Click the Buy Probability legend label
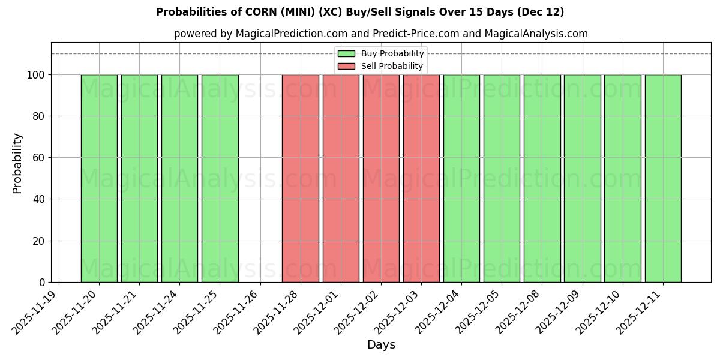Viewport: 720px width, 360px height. tap(392, 53)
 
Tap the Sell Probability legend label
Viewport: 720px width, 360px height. tap(392, 66)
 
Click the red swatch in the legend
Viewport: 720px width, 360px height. tap(346, 66)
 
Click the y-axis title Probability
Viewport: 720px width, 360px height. tap(17, 163)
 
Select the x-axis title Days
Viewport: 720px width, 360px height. tap(381, 345)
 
